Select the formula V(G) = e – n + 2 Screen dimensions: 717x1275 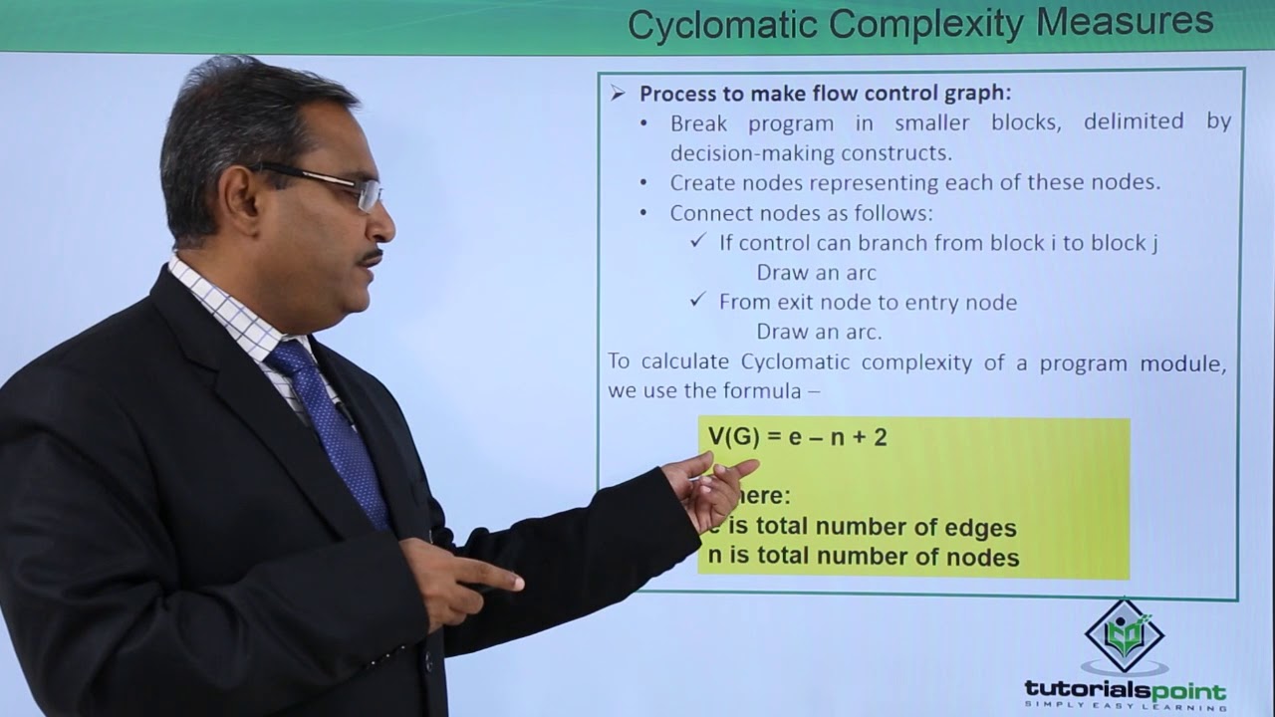pyautogui.click(x=797, y=437)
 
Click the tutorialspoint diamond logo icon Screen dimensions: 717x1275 pyautogui.click(x=1124, y=636)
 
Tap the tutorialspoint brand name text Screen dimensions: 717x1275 pyautogui.click(x=1125, y=690)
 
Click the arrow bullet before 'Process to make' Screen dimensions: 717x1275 pyautogui.click(x=619, y=94)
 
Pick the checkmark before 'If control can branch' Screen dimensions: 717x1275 pyautogui.click(x=698, y=242)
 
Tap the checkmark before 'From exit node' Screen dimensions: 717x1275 pyautogui.click(x=698, y=301)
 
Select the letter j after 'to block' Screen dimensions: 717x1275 pyautogui.click(x=1154, y=244)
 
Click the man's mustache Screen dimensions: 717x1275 pyautogui.click(x=372, y=258)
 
